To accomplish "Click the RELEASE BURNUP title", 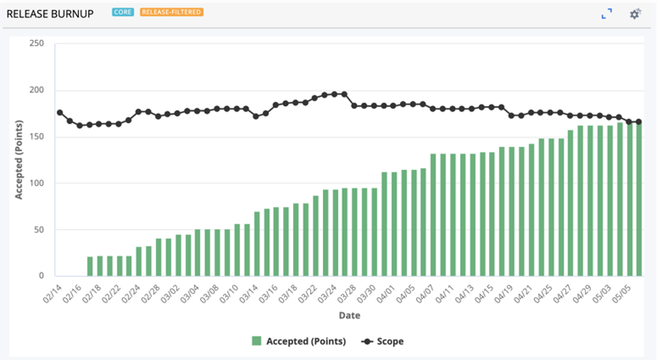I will tap(50, 14).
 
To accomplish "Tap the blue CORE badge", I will tap(122, 12).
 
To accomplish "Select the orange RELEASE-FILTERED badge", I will tap(172, 12).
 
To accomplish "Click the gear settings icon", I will tap(634, 14).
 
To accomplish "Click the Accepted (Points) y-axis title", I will tap(20, 159).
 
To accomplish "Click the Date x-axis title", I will tap(349, 315).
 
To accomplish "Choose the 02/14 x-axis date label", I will tap(51, 292).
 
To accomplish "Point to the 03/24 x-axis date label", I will tap(328, 292).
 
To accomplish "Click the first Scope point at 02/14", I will tap(59, 112).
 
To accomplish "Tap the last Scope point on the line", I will tap(639, 122).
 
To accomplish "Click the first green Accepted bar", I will tap(90, 266).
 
